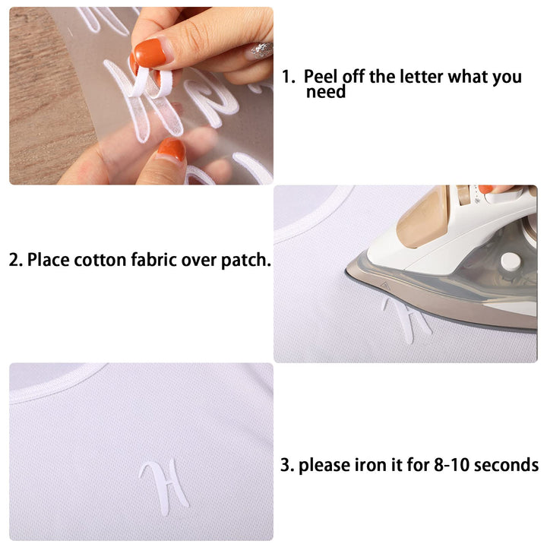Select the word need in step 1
pos(326,92)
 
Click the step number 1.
pos(288,77)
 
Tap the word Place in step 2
pos(48,260)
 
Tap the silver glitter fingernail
pos(260,51)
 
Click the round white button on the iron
pos(511,262)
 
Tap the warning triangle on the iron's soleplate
pos(385,286)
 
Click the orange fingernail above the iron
pos(485,189)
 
